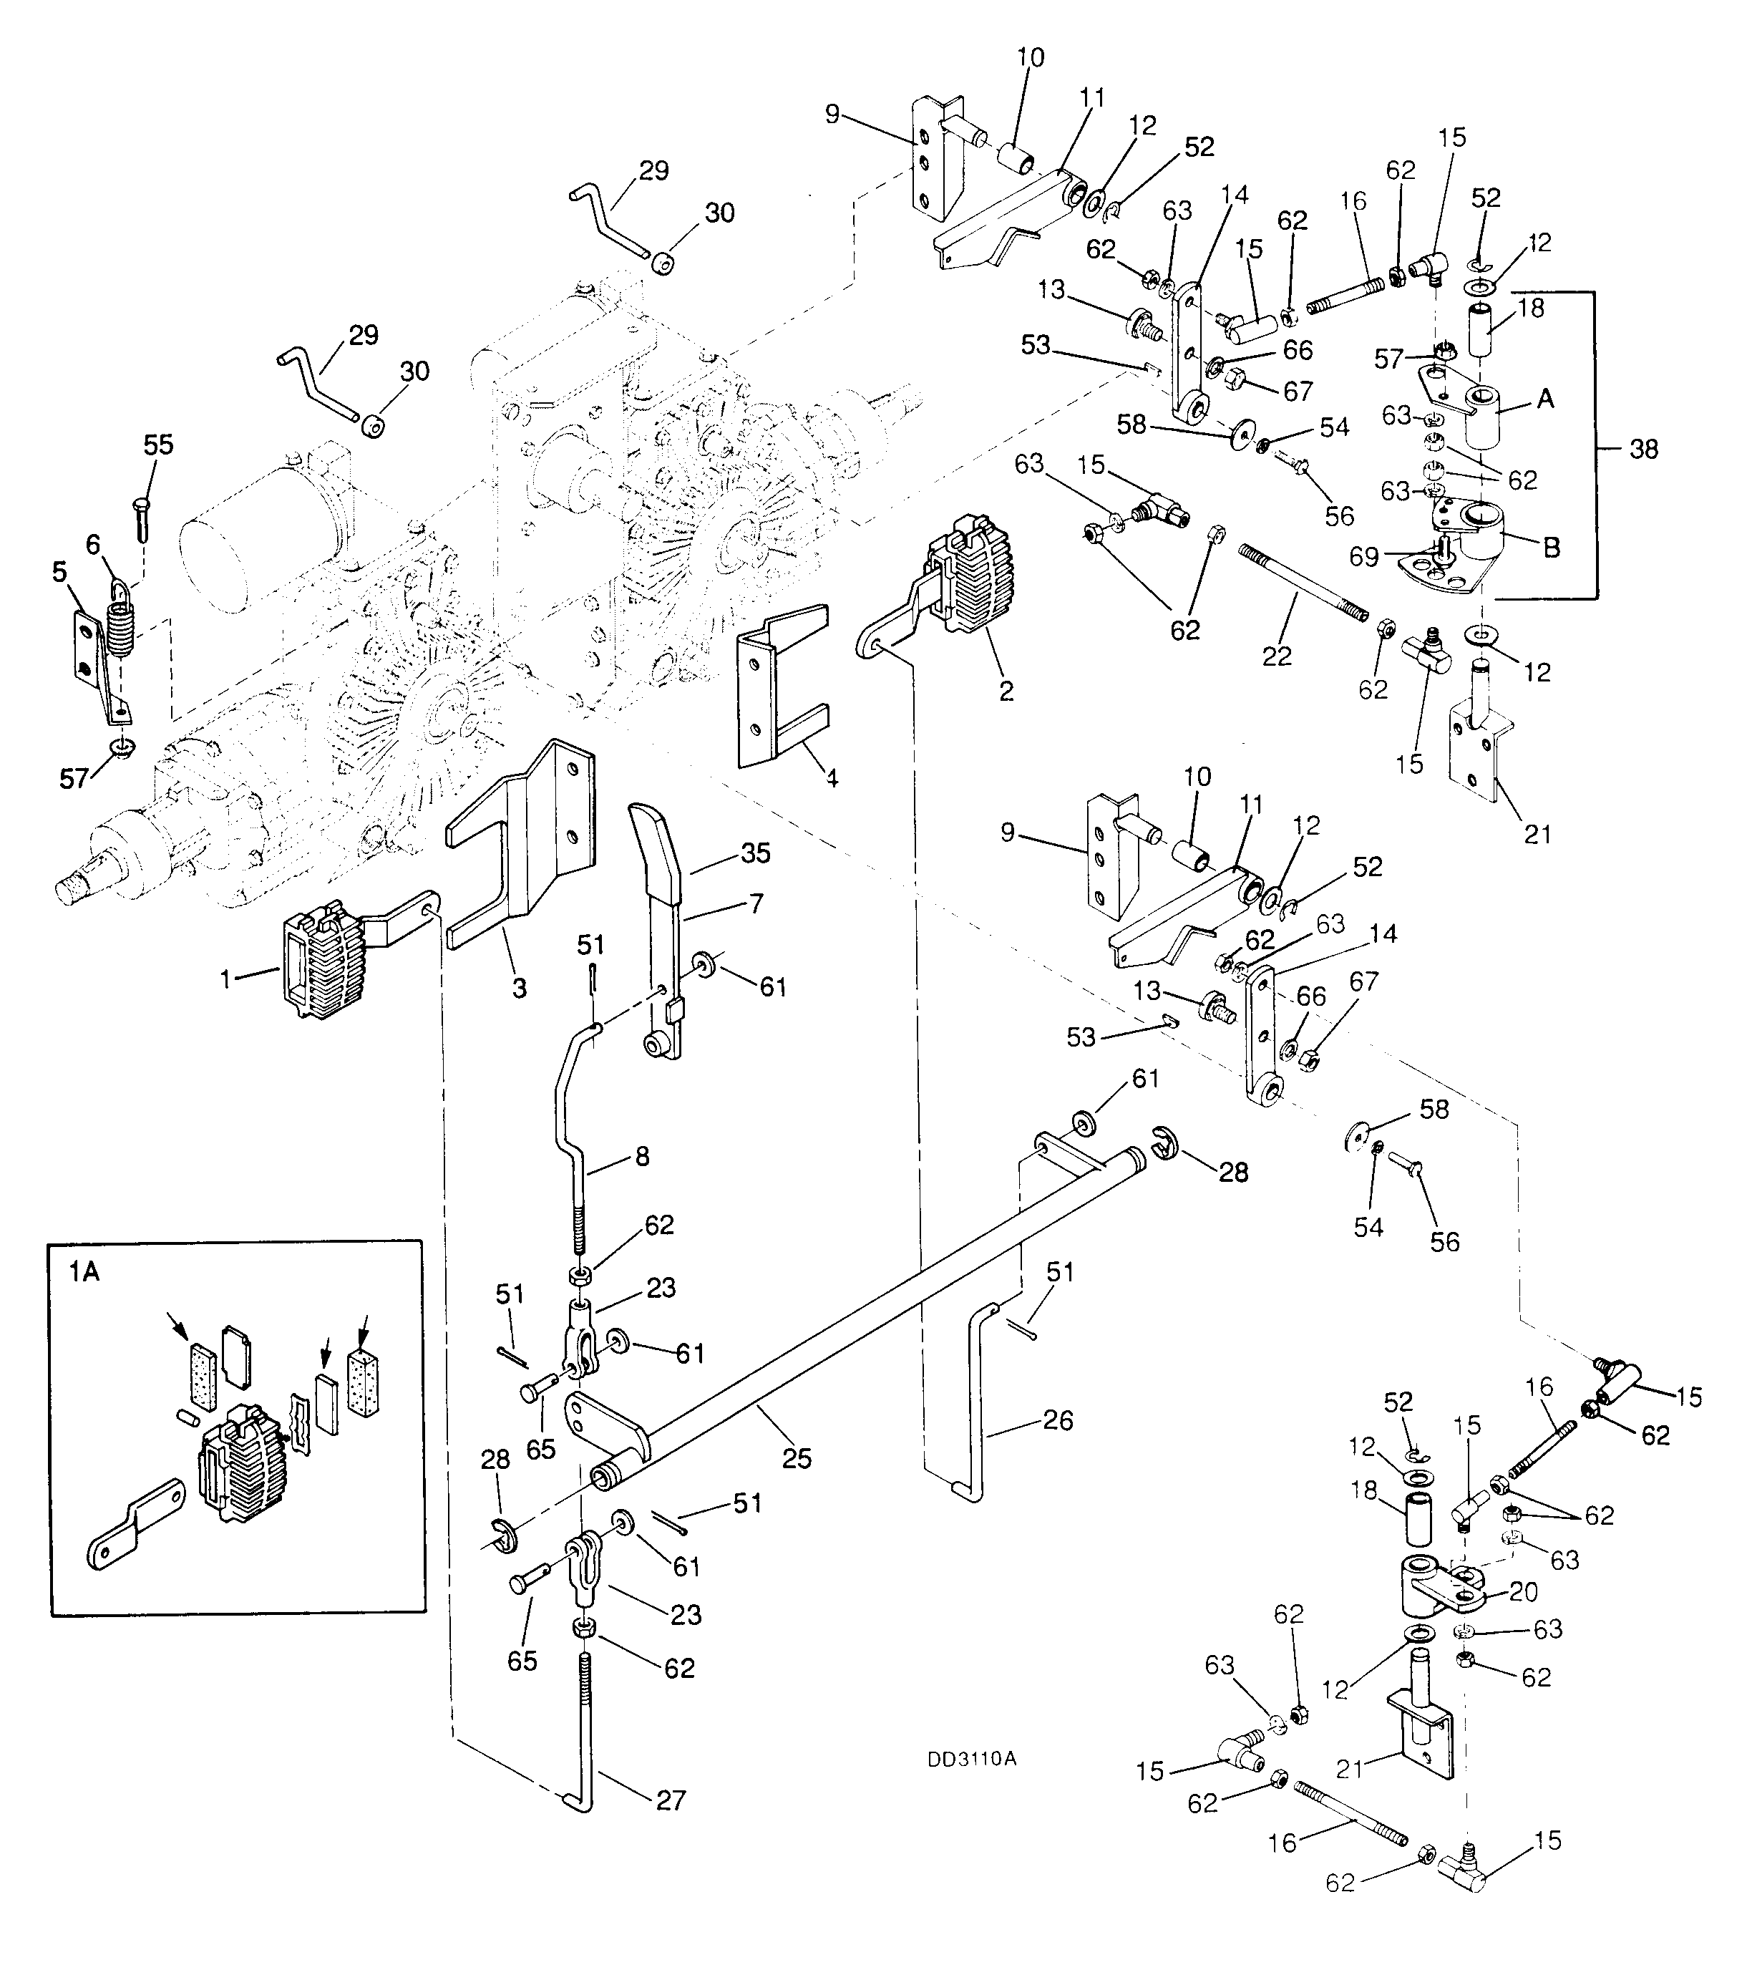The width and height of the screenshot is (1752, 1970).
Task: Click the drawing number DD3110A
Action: (971, 1759)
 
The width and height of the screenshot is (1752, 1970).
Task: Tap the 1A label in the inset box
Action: (84, 1272)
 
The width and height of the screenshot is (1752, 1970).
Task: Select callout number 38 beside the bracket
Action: (1643, 448)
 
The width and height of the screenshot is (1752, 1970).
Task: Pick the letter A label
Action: (1546, 397)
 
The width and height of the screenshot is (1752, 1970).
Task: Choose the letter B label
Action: (1551, 548)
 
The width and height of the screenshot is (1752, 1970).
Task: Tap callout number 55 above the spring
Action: (159, 445)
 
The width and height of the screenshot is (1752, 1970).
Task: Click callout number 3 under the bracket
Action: (520, 988)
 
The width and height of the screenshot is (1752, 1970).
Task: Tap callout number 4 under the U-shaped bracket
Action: (831, 776)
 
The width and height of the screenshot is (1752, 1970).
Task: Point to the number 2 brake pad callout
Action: (1007, 691)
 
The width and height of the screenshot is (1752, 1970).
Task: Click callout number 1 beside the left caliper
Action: (226, 979)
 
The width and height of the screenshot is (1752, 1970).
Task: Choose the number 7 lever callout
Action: (756, 903)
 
